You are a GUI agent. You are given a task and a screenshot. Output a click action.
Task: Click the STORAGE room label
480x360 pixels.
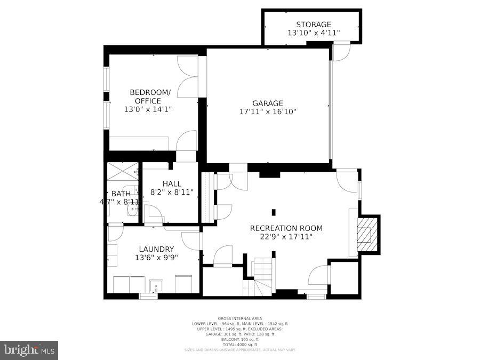314,25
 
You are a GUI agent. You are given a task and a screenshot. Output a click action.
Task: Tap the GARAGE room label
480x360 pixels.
268,103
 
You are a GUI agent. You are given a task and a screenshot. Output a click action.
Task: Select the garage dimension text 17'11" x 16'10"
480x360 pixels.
268,112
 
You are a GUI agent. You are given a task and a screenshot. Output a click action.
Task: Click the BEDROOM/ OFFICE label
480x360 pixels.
150,97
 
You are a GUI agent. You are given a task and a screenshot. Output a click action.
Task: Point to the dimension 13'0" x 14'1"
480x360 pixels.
148,109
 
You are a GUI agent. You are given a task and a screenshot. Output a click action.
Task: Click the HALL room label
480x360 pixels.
172,183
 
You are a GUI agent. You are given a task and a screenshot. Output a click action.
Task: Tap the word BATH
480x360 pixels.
121,194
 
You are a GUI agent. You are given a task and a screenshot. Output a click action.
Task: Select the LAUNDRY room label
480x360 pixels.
156,249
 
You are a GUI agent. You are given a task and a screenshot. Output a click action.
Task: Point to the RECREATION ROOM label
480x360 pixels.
286,228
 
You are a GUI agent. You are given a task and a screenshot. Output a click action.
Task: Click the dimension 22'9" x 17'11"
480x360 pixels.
286,237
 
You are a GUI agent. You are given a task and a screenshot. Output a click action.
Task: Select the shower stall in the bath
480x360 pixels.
123,171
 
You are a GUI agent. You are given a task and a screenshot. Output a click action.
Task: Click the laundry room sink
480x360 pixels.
156,286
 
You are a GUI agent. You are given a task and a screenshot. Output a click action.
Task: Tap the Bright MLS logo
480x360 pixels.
29,350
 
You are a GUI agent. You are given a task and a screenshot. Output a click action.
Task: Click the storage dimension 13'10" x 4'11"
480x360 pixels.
314,33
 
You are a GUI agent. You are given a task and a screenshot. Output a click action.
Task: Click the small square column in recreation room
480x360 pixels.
273,212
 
